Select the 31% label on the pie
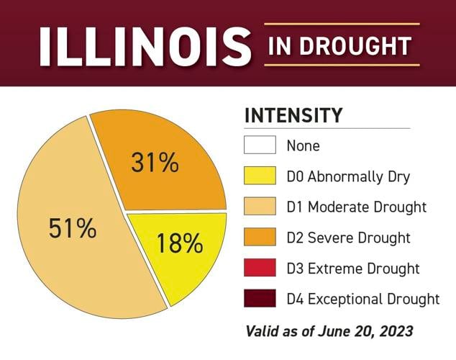[155, 163]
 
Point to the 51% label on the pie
[72, 229]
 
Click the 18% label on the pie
[180, 243]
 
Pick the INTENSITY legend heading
[293, 115]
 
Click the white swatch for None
[260, 145]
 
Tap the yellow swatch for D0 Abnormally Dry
[260, 176]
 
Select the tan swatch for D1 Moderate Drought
[260, 207]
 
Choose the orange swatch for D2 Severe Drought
[260, 237]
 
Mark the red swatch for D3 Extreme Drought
[260, 268]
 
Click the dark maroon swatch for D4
[260, 298]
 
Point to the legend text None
[303, 145]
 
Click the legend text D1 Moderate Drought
[356, 207]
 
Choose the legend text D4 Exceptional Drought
[362, 299]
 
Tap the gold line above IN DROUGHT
[342, 24]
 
